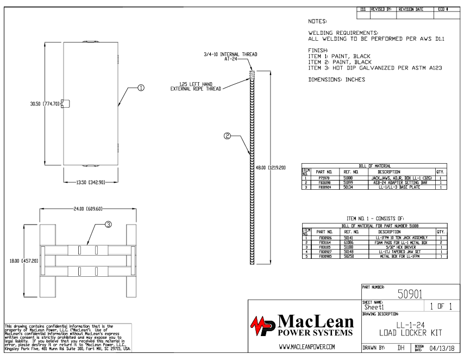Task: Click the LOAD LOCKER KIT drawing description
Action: coord(410,331)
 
